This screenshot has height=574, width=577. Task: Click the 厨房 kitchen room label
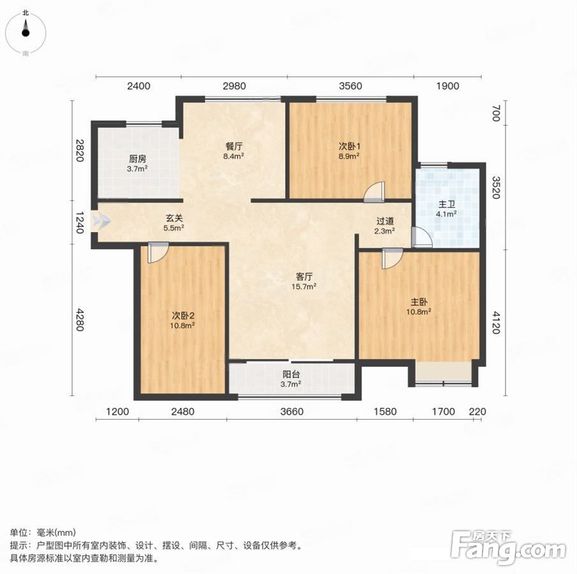138,159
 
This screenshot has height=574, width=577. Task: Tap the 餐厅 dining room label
234,146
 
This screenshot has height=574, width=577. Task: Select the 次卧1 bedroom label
349,146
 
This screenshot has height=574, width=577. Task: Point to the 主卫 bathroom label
447,204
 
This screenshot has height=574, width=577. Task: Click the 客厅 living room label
304,277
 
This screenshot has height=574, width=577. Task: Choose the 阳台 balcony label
291,374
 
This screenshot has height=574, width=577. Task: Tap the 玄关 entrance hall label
173,218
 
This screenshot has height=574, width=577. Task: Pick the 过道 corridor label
385,221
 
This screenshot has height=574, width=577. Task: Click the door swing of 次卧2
158,252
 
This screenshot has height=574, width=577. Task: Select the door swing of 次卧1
374,192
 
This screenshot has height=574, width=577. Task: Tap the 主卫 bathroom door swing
421,237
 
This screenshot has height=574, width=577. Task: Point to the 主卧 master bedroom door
393,258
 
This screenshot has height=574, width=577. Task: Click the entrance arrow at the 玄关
101,221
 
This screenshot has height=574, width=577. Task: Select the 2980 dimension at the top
235,86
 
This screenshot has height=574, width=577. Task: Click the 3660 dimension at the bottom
292,411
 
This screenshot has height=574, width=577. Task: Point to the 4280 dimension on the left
80,320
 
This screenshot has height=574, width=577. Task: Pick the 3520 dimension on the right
496,188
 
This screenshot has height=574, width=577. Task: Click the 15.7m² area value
304,286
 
